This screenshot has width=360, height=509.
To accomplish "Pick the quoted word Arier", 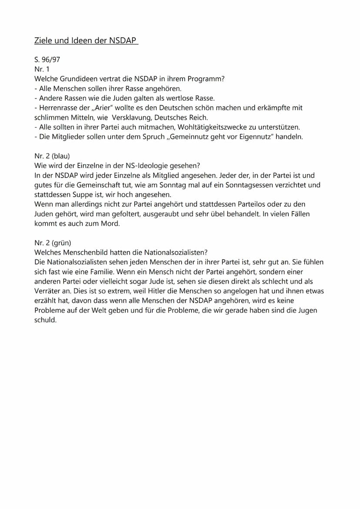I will [100, 107].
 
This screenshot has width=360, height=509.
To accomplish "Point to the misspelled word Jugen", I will [307, 310].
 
